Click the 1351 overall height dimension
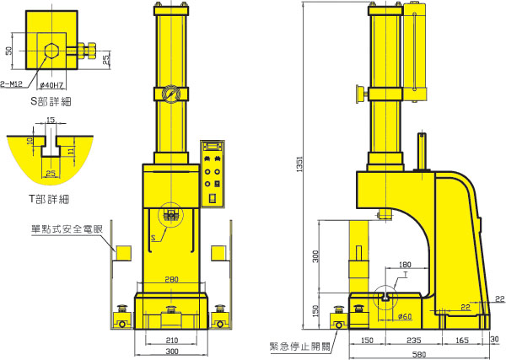click(x=299, y=164)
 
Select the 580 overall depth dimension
click(x=419, y=355)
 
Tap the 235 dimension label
click(x=414, y=341)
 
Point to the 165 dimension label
click(x=462, y=341)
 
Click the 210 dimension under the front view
click(x=172, y=341)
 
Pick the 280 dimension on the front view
click(x=171, y=279)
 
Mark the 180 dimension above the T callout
click(x=405, y=265)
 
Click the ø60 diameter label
click(x=405, y=316)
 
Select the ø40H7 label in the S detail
click(x=51, y=85)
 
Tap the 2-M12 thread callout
click(x=12, y=84)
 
